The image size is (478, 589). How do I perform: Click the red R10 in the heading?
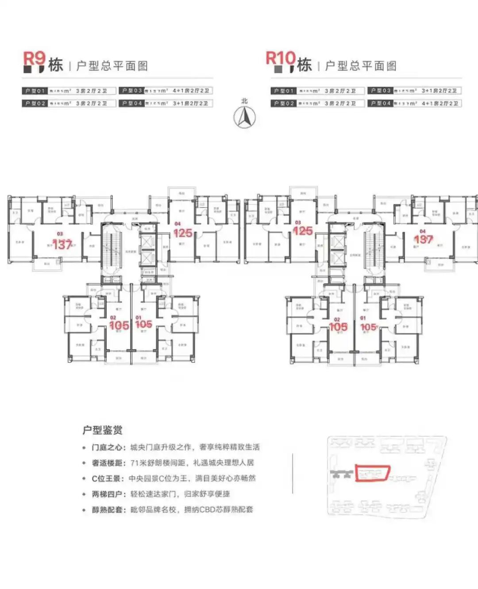pos(280,58)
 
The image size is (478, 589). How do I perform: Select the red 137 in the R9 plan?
pos(62,244)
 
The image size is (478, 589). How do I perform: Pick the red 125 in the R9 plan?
pos(183,233)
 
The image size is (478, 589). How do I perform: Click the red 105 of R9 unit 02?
pos(119,326)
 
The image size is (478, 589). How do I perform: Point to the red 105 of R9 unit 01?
pos(144,324)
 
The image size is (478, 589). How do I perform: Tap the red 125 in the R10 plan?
pos(303,231)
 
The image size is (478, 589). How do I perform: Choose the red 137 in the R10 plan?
pos(423,239)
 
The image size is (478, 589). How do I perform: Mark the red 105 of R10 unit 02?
pos(338,327)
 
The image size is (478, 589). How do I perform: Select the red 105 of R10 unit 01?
pos(368,327)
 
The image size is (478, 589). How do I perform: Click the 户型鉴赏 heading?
pos(102,430)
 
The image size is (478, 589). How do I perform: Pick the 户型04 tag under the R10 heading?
pos(380,104)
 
